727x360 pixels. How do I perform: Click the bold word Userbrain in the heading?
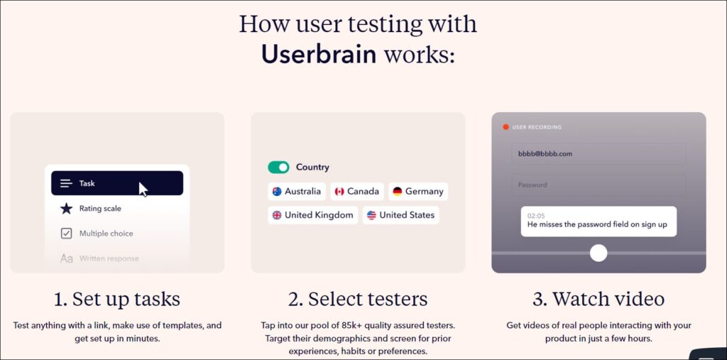click(x=319, y=54)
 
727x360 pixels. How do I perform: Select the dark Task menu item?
click(x=117, y=183)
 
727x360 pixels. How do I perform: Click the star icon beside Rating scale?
click(x=66, y=208)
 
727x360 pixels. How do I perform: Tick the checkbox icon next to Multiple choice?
click(x=66, y=234)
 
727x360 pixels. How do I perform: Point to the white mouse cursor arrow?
click(x=143, y=190)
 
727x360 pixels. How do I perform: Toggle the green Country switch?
click(x=278, y=168)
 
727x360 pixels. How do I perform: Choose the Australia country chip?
click(x=297, y=191)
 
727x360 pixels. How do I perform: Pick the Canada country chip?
click(x=357, y=191)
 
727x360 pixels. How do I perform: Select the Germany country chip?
click(x=418, y=191)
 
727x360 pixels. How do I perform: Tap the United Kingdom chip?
click(x=313, y=215)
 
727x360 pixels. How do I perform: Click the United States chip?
click(x=400, y=215)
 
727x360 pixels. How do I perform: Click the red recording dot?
click(x=505, y=126)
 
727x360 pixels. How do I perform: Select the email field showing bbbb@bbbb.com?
click(x=598, y=154)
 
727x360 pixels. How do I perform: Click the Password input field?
click(x=598, y=185)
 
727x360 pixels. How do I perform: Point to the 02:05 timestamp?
click(x=536, y=216)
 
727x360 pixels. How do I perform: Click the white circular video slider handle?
click(x=598, y=253)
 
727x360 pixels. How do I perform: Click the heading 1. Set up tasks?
click(x=117, y=299)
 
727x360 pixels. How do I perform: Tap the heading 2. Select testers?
click(x=358, y=299)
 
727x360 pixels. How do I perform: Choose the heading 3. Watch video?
click(x=598, y=299)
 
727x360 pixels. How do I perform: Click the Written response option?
click(x=109, y=258)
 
